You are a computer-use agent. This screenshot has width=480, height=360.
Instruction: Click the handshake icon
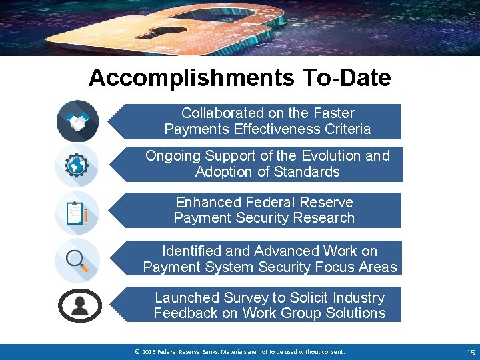pyautogui.click(x=78, y=121)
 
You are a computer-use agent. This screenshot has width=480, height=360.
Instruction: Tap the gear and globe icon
pyautogui.click(x=77, y=165)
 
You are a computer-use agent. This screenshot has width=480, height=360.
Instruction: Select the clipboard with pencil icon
pyautogui.click(x=77, y=213)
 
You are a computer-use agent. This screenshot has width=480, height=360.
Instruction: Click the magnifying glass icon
pyautogui.click(x=77, y=259)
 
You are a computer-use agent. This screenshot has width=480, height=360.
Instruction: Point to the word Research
pyautogui.click(x=327, y=218)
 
